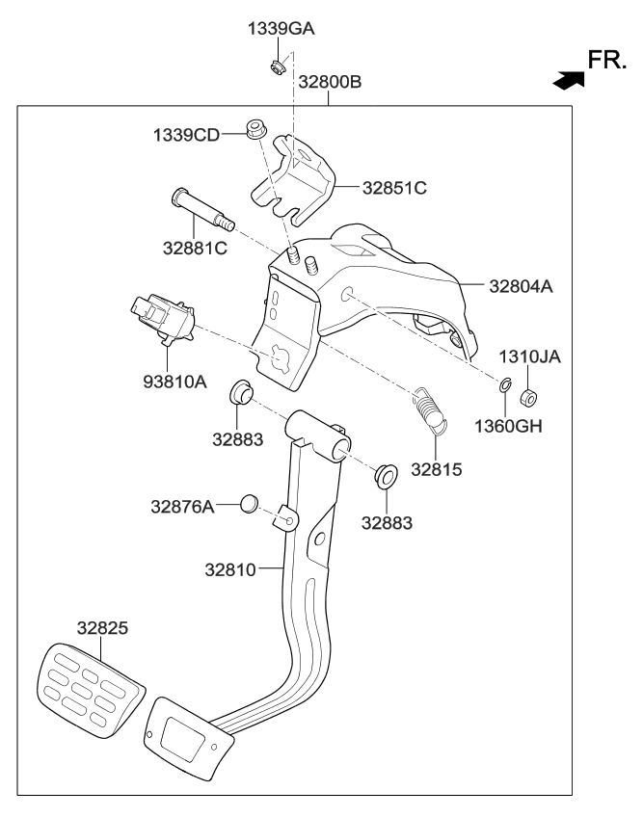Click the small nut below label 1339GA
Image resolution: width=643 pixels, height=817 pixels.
277,67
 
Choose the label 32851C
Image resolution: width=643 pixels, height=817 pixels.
393,188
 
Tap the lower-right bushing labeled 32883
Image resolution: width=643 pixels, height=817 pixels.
388,475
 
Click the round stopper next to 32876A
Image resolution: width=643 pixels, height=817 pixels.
249,503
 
